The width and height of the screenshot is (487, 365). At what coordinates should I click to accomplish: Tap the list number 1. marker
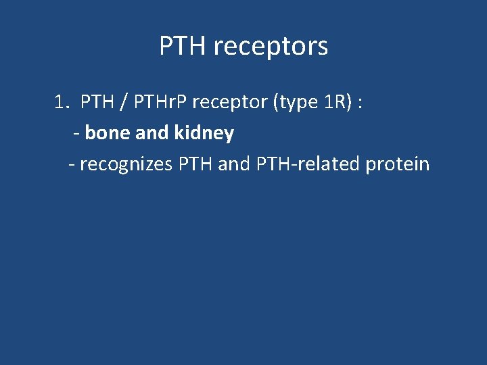pos(62,103)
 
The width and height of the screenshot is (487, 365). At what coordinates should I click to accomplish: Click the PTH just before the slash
pos(97,103)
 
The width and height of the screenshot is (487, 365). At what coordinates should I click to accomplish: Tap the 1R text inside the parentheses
pos(334,103)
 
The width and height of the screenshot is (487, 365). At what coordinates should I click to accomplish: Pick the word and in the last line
pos(234,164)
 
